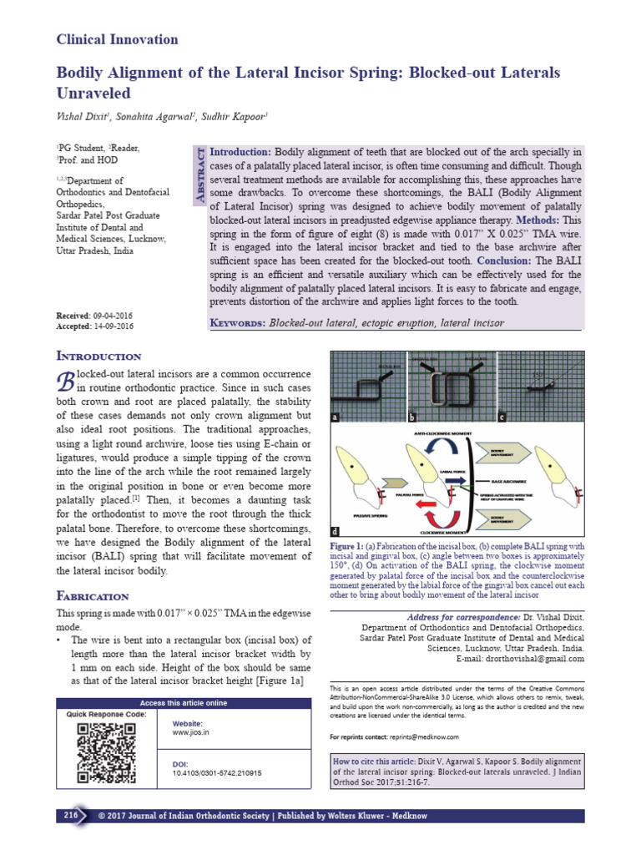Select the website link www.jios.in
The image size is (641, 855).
click(x=190, y=731)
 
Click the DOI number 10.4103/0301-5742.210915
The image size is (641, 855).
click(x=217, y=773)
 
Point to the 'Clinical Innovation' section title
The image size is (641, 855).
click(x=117, y=39)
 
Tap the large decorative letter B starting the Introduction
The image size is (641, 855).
click(x=64, y=380)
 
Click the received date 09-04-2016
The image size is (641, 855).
click(x=113, y=316)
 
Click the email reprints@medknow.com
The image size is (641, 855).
click(x=422, y=737)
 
